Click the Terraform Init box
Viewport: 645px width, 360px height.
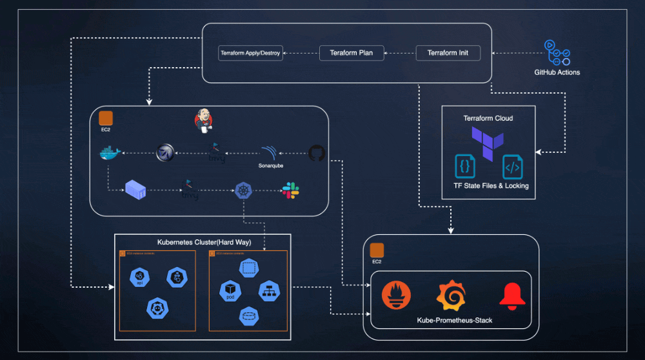click(448, 53)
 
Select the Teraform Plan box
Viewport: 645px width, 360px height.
click(352, 53)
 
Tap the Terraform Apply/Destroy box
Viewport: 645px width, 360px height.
click(250, 53)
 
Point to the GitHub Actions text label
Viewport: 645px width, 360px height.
click(557, 72)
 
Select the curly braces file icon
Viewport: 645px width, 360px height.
click(464, 166)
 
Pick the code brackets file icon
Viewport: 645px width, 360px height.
click(512, 166)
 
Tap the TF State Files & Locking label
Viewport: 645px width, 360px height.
click(491, 186)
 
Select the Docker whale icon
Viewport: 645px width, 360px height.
click(110, 154)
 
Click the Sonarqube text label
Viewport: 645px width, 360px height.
click(267, 165)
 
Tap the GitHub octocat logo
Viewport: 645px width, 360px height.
click(316, 153)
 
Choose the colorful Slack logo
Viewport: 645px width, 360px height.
click(290, 190)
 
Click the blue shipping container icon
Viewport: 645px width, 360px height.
click(135, 190)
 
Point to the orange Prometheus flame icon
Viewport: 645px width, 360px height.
click(395, 295)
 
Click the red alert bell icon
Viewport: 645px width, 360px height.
click(513, 295)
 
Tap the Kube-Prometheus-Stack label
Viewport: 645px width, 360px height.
click(454, 320)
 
